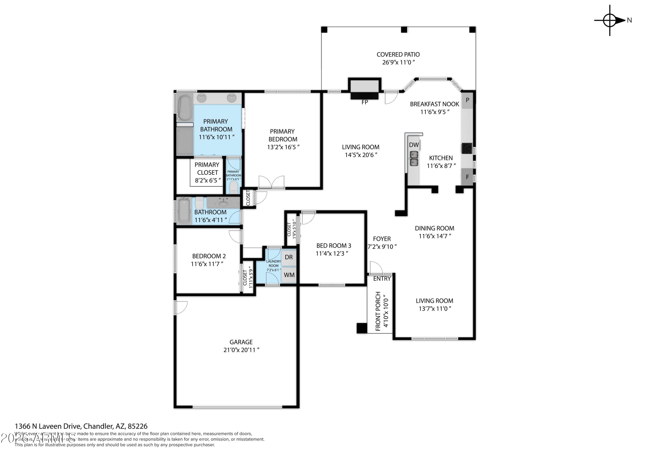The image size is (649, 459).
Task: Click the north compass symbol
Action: coord(610,20)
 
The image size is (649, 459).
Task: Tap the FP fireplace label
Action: coord(365,102)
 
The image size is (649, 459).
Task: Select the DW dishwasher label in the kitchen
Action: coord(414,145)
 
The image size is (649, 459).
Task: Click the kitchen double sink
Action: coord(414,158)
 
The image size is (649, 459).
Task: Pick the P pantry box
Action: coord(467,100)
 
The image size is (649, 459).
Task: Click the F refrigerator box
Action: coord(467,177)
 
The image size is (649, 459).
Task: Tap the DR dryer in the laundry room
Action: coord(289,257)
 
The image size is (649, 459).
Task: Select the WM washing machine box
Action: coord(289,275)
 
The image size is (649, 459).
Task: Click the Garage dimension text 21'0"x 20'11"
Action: coord(241,350)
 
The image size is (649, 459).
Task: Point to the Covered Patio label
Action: coord(398,55)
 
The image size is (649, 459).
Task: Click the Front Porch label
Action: coord(378,311)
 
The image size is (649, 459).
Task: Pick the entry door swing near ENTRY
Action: coord(376,268)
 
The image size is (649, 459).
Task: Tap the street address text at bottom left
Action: coord(81,426)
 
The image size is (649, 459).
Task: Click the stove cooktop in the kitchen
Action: coord(467,148)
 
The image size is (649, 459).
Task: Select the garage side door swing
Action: coord(181,308)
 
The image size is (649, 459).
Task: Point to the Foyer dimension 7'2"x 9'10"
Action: coord(382,247)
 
